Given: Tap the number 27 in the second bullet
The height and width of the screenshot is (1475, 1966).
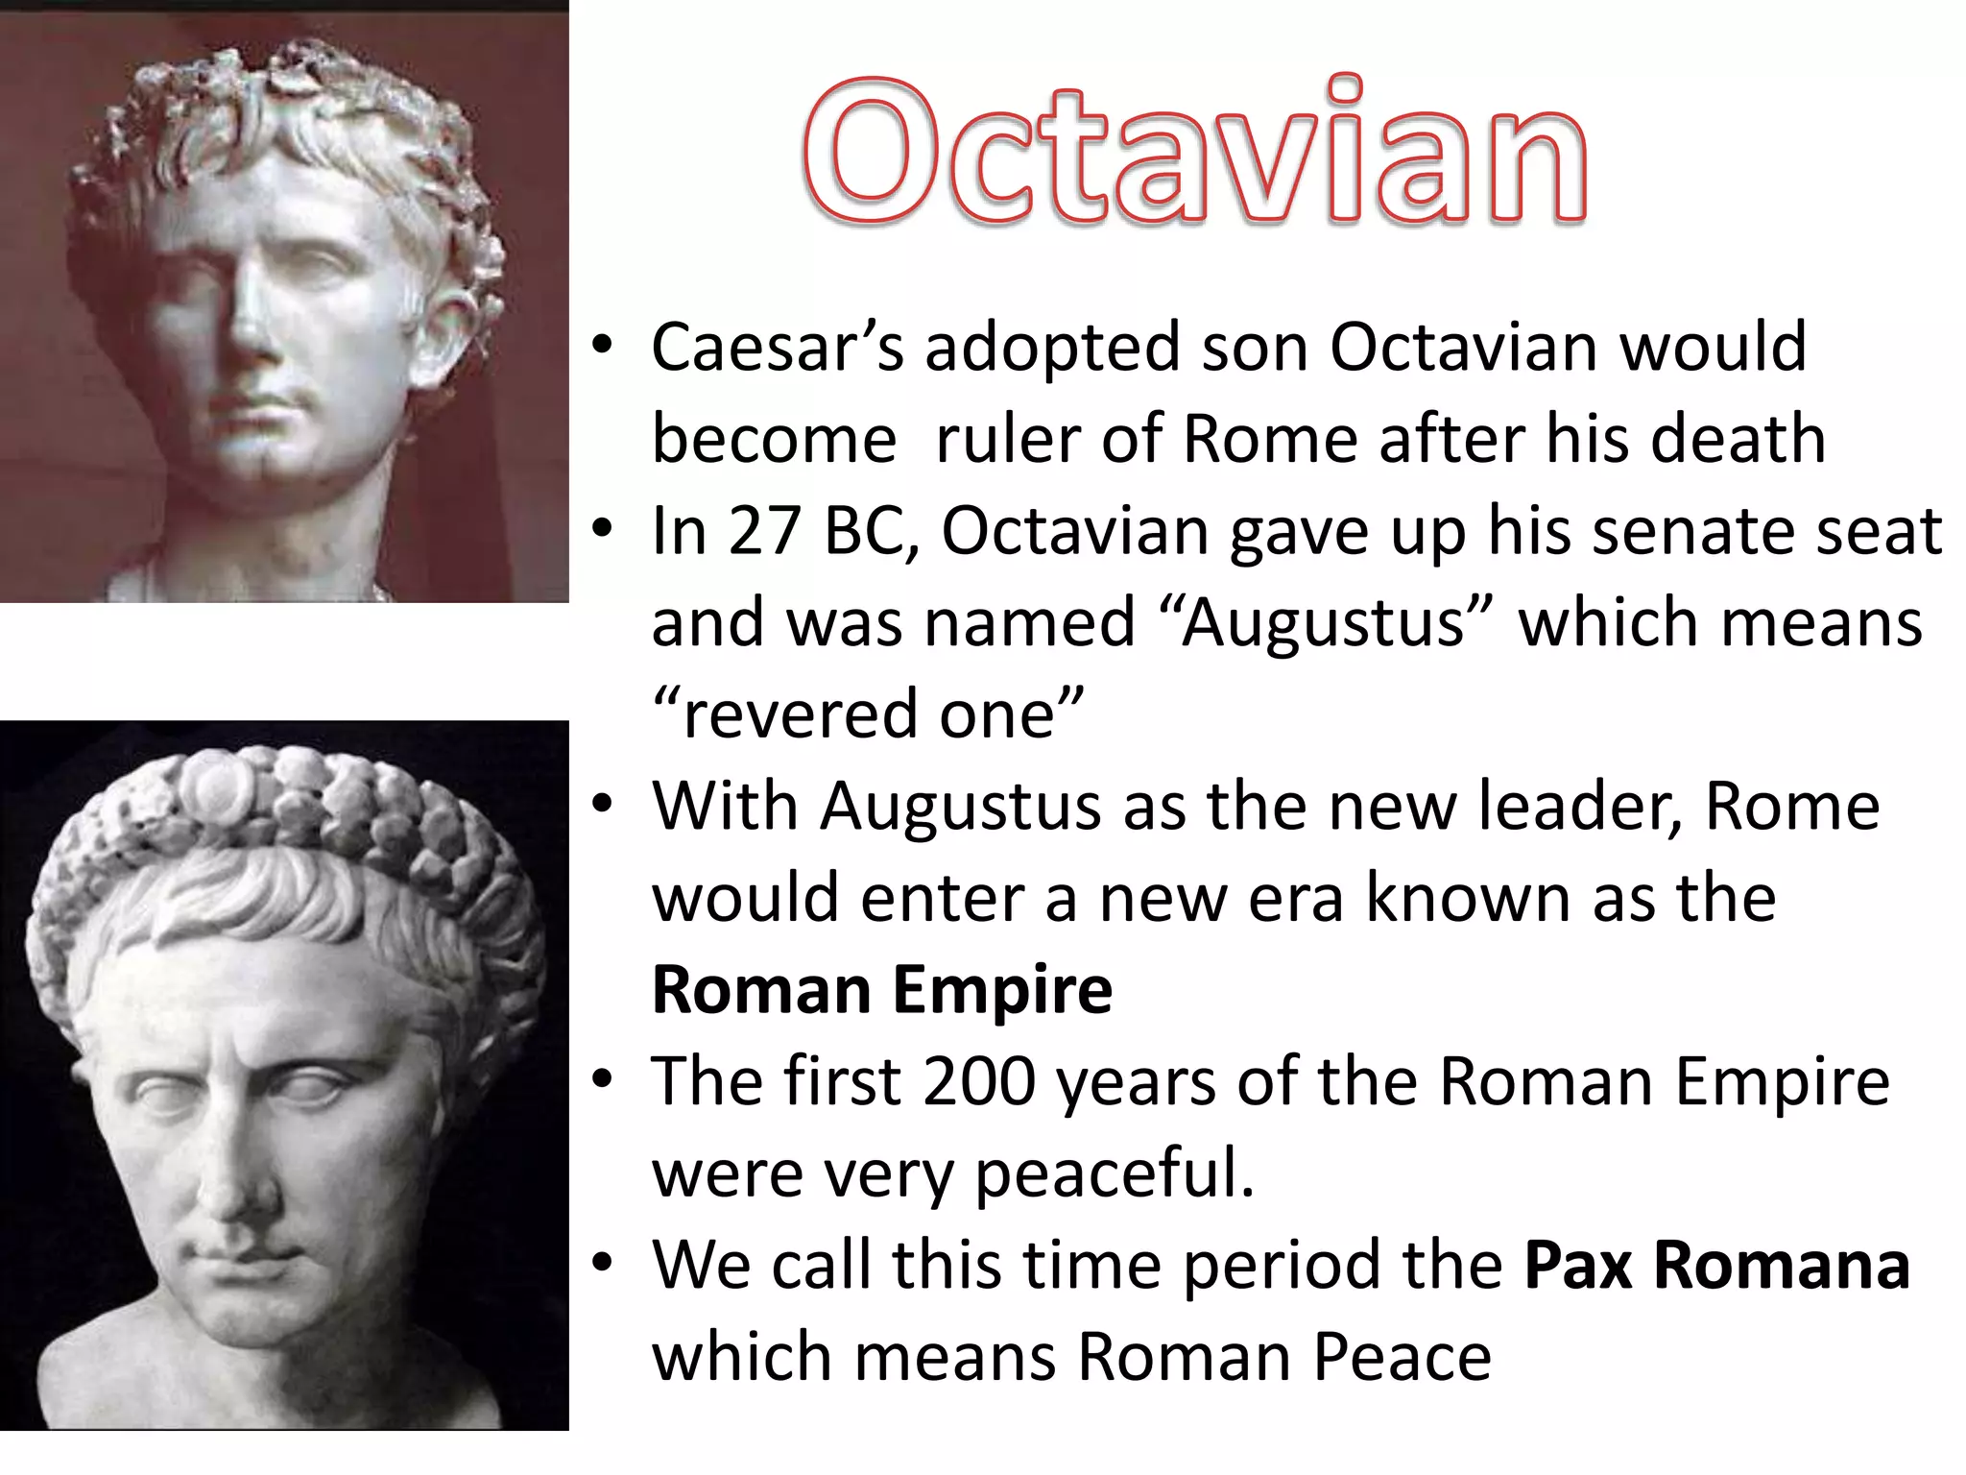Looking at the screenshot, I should tap(764, 531).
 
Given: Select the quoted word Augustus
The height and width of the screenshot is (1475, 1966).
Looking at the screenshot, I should tap(1325, 623).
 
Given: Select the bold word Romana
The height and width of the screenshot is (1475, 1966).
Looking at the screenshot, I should tap(1782, 1266).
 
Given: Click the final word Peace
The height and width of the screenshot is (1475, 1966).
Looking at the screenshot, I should tap(1403, 1358).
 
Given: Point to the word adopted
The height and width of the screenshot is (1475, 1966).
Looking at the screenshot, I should tap(1052, 347).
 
